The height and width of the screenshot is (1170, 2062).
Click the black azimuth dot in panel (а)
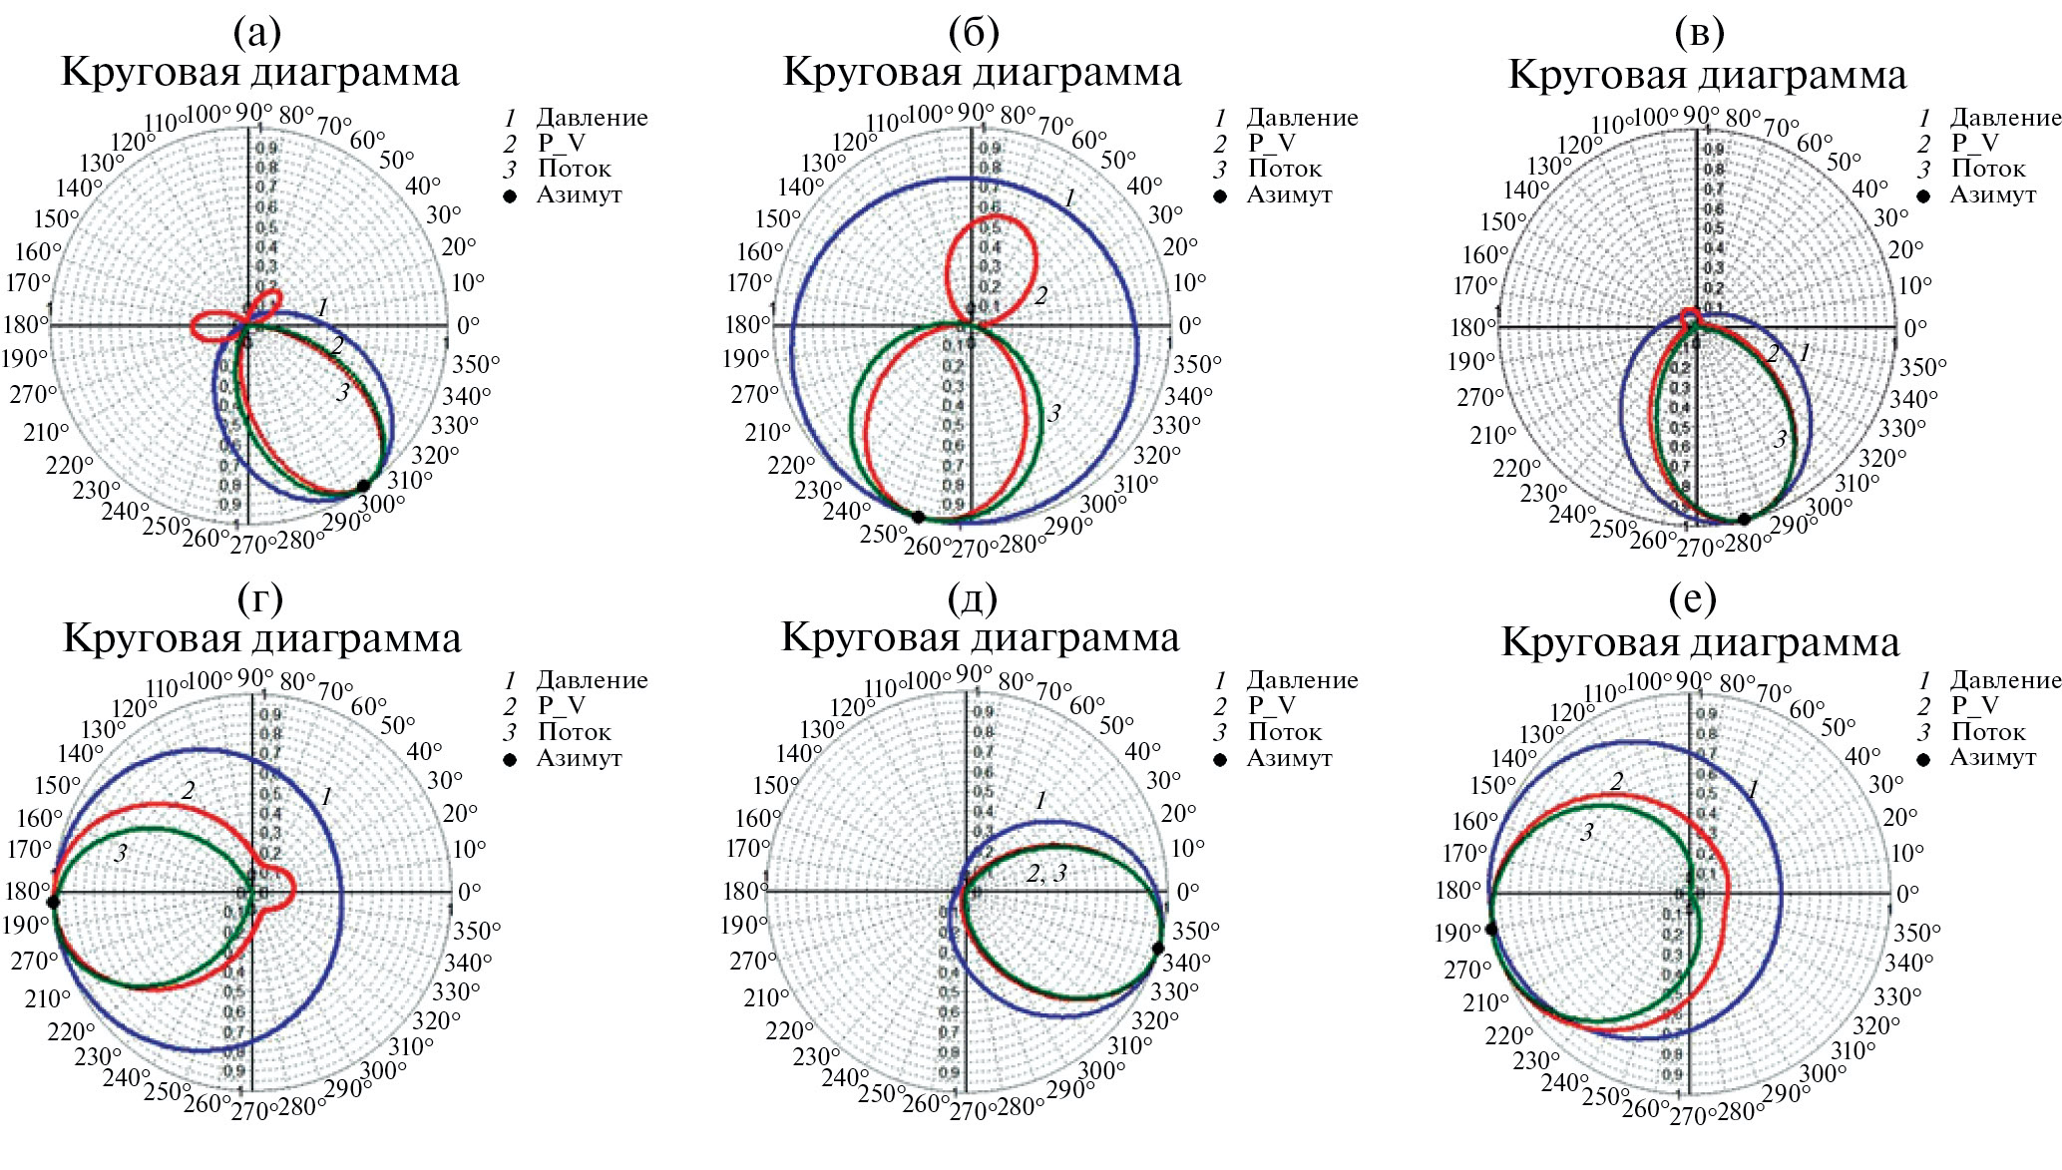(x=363, y=486)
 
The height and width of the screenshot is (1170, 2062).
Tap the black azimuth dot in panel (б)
(x=918, y=516)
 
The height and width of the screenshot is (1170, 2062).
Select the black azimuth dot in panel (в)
(x=1744, y=519)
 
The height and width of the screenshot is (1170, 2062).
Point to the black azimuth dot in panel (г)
(x=54, y=902)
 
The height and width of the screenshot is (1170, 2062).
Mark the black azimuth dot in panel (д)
(x=1157, y=948)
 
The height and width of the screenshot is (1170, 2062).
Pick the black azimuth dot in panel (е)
(x=1491, y=929)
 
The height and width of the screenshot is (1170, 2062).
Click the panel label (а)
(x=257, y=33)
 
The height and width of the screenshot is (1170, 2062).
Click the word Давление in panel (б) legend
(x=1302, y=118)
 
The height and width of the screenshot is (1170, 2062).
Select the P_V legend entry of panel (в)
(x=1974, y=144)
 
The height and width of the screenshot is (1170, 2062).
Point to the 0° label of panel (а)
(x=468, y=325)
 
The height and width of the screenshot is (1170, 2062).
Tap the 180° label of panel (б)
(x=746, y=325)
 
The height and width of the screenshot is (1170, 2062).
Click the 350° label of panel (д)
(x=1195, y=931)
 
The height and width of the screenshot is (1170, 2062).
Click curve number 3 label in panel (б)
(x=1054, y=413)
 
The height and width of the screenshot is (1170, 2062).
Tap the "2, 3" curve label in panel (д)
(x=1046, y=874)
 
